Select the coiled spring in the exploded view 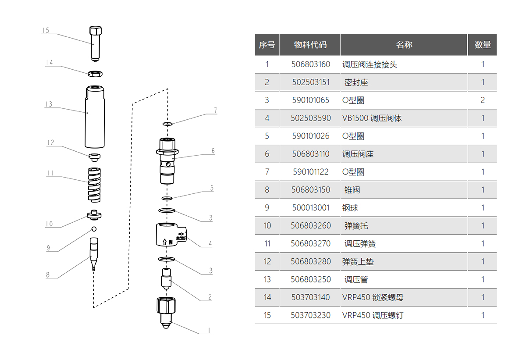point(94,185)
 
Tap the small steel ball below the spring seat point(93,229)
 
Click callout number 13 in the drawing point(48,104)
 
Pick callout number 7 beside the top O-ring point(215,110)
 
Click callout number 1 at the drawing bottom point(209,330)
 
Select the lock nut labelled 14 point(95,73)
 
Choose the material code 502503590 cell point(310,118)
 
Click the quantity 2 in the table point(483,100)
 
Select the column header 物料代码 point(310,45)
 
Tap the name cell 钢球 point(350,208)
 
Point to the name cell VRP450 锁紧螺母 point(373,298)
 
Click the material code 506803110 point(310,154)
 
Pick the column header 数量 point(483,45)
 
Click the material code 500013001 point(310,208)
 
